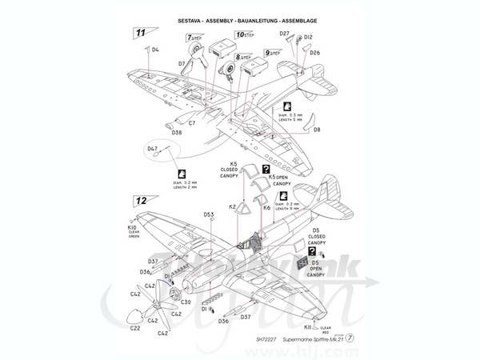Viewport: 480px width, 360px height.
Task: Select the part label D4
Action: pos(155,50)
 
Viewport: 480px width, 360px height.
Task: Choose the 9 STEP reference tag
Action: pos(274,53)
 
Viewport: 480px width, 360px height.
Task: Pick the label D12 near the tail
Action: pos(309,37)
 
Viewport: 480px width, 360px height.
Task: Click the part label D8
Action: pos(317,129)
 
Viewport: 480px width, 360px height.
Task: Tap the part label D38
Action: pos(176,133)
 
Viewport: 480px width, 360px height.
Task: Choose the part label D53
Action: pos(209,214)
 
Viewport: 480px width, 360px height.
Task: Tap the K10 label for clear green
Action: pos(132,227)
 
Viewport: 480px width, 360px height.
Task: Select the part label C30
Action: pos(186,302)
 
